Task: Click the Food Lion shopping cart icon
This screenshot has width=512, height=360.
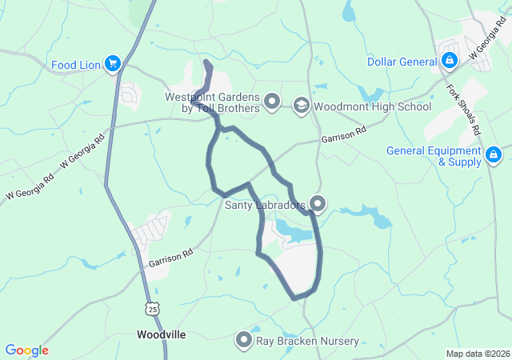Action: pyautogui.click(x=112, y=64)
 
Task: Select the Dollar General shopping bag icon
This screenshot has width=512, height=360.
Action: pyautogui.click(x=450, y=61)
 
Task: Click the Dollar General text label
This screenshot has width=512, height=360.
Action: pyautogui.click(x=402, y=62)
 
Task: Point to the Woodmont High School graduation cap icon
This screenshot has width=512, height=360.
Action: pyautogui.click(x=301, y=105)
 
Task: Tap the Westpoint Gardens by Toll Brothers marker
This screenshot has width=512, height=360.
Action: pyautogui.click(x=272, y=102)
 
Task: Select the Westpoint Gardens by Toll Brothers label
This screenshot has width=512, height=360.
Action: pyautogui.click(x=213, y=102)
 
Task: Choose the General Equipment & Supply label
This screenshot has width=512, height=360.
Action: pyautogui.click(x=434, y=156)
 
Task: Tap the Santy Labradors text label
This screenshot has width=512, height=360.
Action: pyautogui.click(x=265, y=206)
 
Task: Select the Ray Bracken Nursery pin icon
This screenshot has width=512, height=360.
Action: pyautogui.click(x=244, y=341)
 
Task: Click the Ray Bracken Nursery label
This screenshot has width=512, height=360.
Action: pyautogui.click(x=307, y=342)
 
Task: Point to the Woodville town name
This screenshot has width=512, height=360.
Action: pyautogui.click(x=162, y=334)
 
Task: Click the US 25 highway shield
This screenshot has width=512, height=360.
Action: pyautogui.click(x=153, y=308)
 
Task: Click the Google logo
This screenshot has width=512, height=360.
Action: pyautogui.click(x=27, y=350)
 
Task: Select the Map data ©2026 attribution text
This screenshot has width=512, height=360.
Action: pyautogui.click(x=477, y=354)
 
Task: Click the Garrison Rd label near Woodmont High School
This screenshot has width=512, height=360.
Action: pyautogui.click(x=343, y=134)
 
